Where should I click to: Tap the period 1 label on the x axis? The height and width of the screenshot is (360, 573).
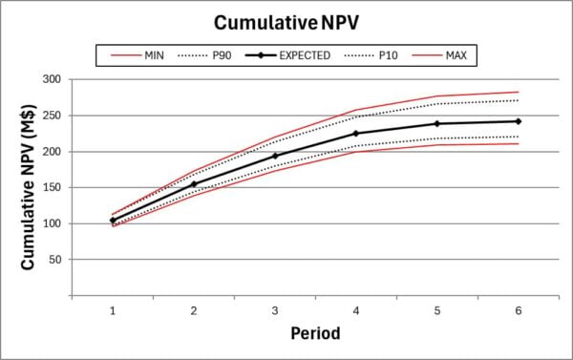[x=112, y=310]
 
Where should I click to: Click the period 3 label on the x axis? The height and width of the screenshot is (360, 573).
[x=274, y=310]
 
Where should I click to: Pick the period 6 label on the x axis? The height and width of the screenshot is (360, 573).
[x=518, y=310]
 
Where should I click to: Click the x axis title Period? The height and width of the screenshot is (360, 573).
[x=315, y=334]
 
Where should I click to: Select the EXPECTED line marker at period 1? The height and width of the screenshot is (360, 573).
[x=112, y=221]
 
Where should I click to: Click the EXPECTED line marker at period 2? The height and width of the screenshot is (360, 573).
[x=193, y=184]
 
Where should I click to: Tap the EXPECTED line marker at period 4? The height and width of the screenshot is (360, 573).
[x=355, y=134]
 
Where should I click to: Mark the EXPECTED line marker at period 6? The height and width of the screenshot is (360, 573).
[x=518, y=121]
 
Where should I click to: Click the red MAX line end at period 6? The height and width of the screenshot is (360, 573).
[x=518, y=92]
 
